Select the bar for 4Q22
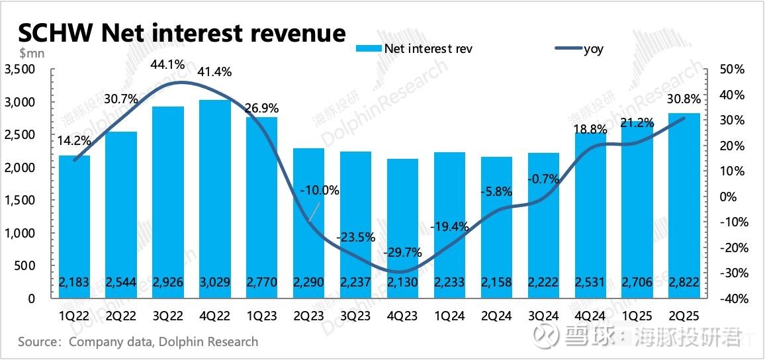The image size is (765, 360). (x=215, y=199)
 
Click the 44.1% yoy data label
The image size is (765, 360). (x=167, y=65)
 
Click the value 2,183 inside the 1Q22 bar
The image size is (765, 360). (x=75, y=283)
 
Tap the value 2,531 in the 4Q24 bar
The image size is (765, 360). (x=590, y=283)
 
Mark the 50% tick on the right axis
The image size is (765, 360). (x=733, y=69)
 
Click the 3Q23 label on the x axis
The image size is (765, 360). (x=355, y=316)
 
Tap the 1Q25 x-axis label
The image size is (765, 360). (x=637, y=316)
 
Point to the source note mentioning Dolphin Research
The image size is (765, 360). (x=138, y=342)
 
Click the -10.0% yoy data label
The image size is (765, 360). (x=319, y=191)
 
